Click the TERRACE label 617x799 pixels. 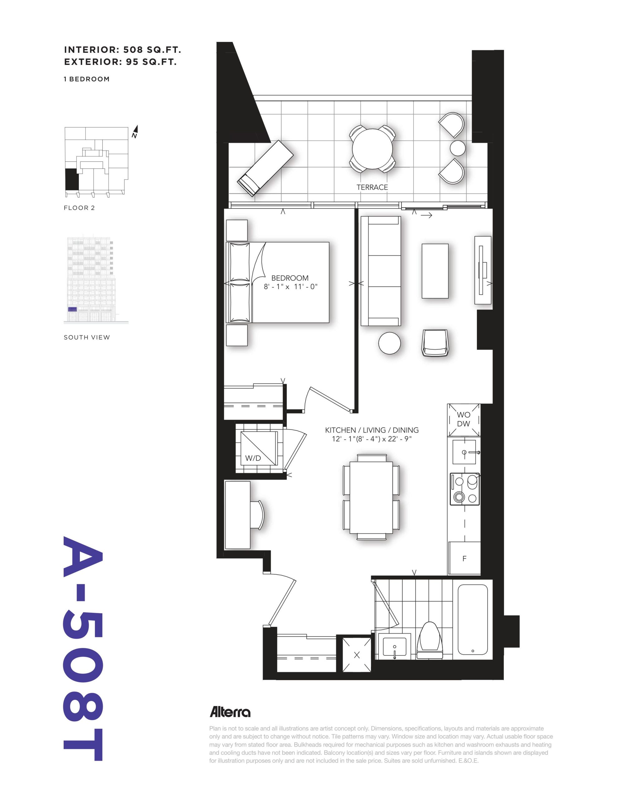[372, 187]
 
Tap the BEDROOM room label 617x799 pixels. [290, 278]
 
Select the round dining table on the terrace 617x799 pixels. [372, 149]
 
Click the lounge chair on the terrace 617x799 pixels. [265, 168]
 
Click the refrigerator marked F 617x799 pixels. [464, 558]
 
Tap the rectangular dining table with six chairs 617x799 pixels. [371, 497]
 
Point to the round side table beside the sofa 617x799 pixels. [389, 343]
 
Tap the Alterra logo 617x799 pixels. [230, 712]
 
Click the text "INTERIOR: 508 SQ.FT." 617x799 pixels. [123, 50]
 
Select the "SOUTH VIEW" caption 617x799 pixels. [87, 337]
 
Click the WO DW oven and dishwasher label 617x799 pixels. [464, 419]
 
